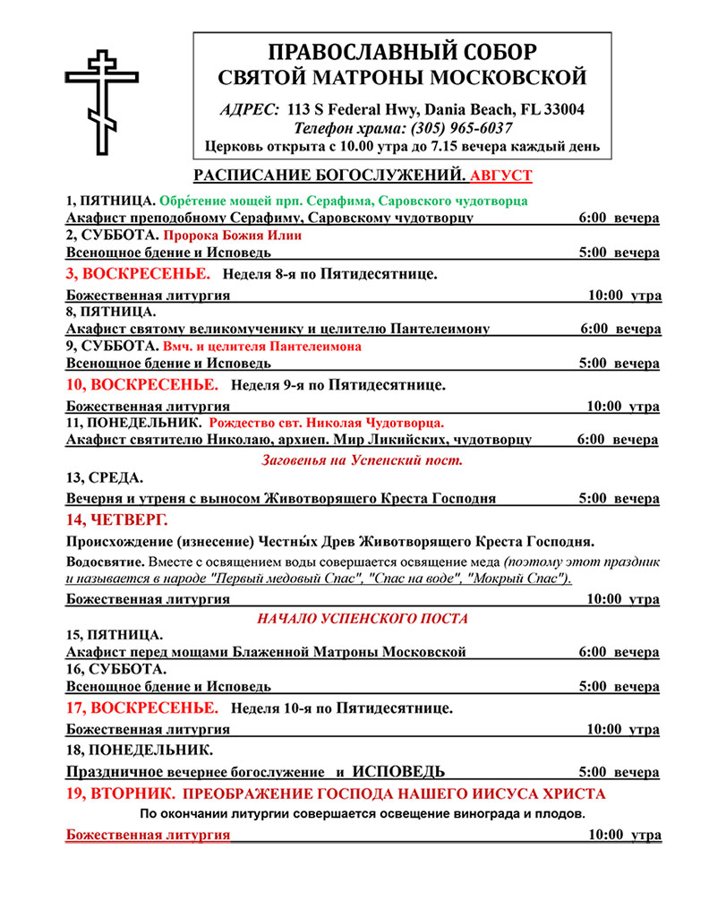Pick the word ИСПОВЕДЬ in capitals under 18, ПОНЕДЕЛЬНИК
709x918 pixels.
point(399,771)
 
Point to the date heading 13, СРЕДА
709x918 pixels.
point(105,479)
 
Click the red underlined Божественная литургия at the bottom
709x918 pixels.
point(148,836)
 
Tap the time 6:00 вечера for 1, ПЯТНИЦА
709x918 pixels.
point(619,219)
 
